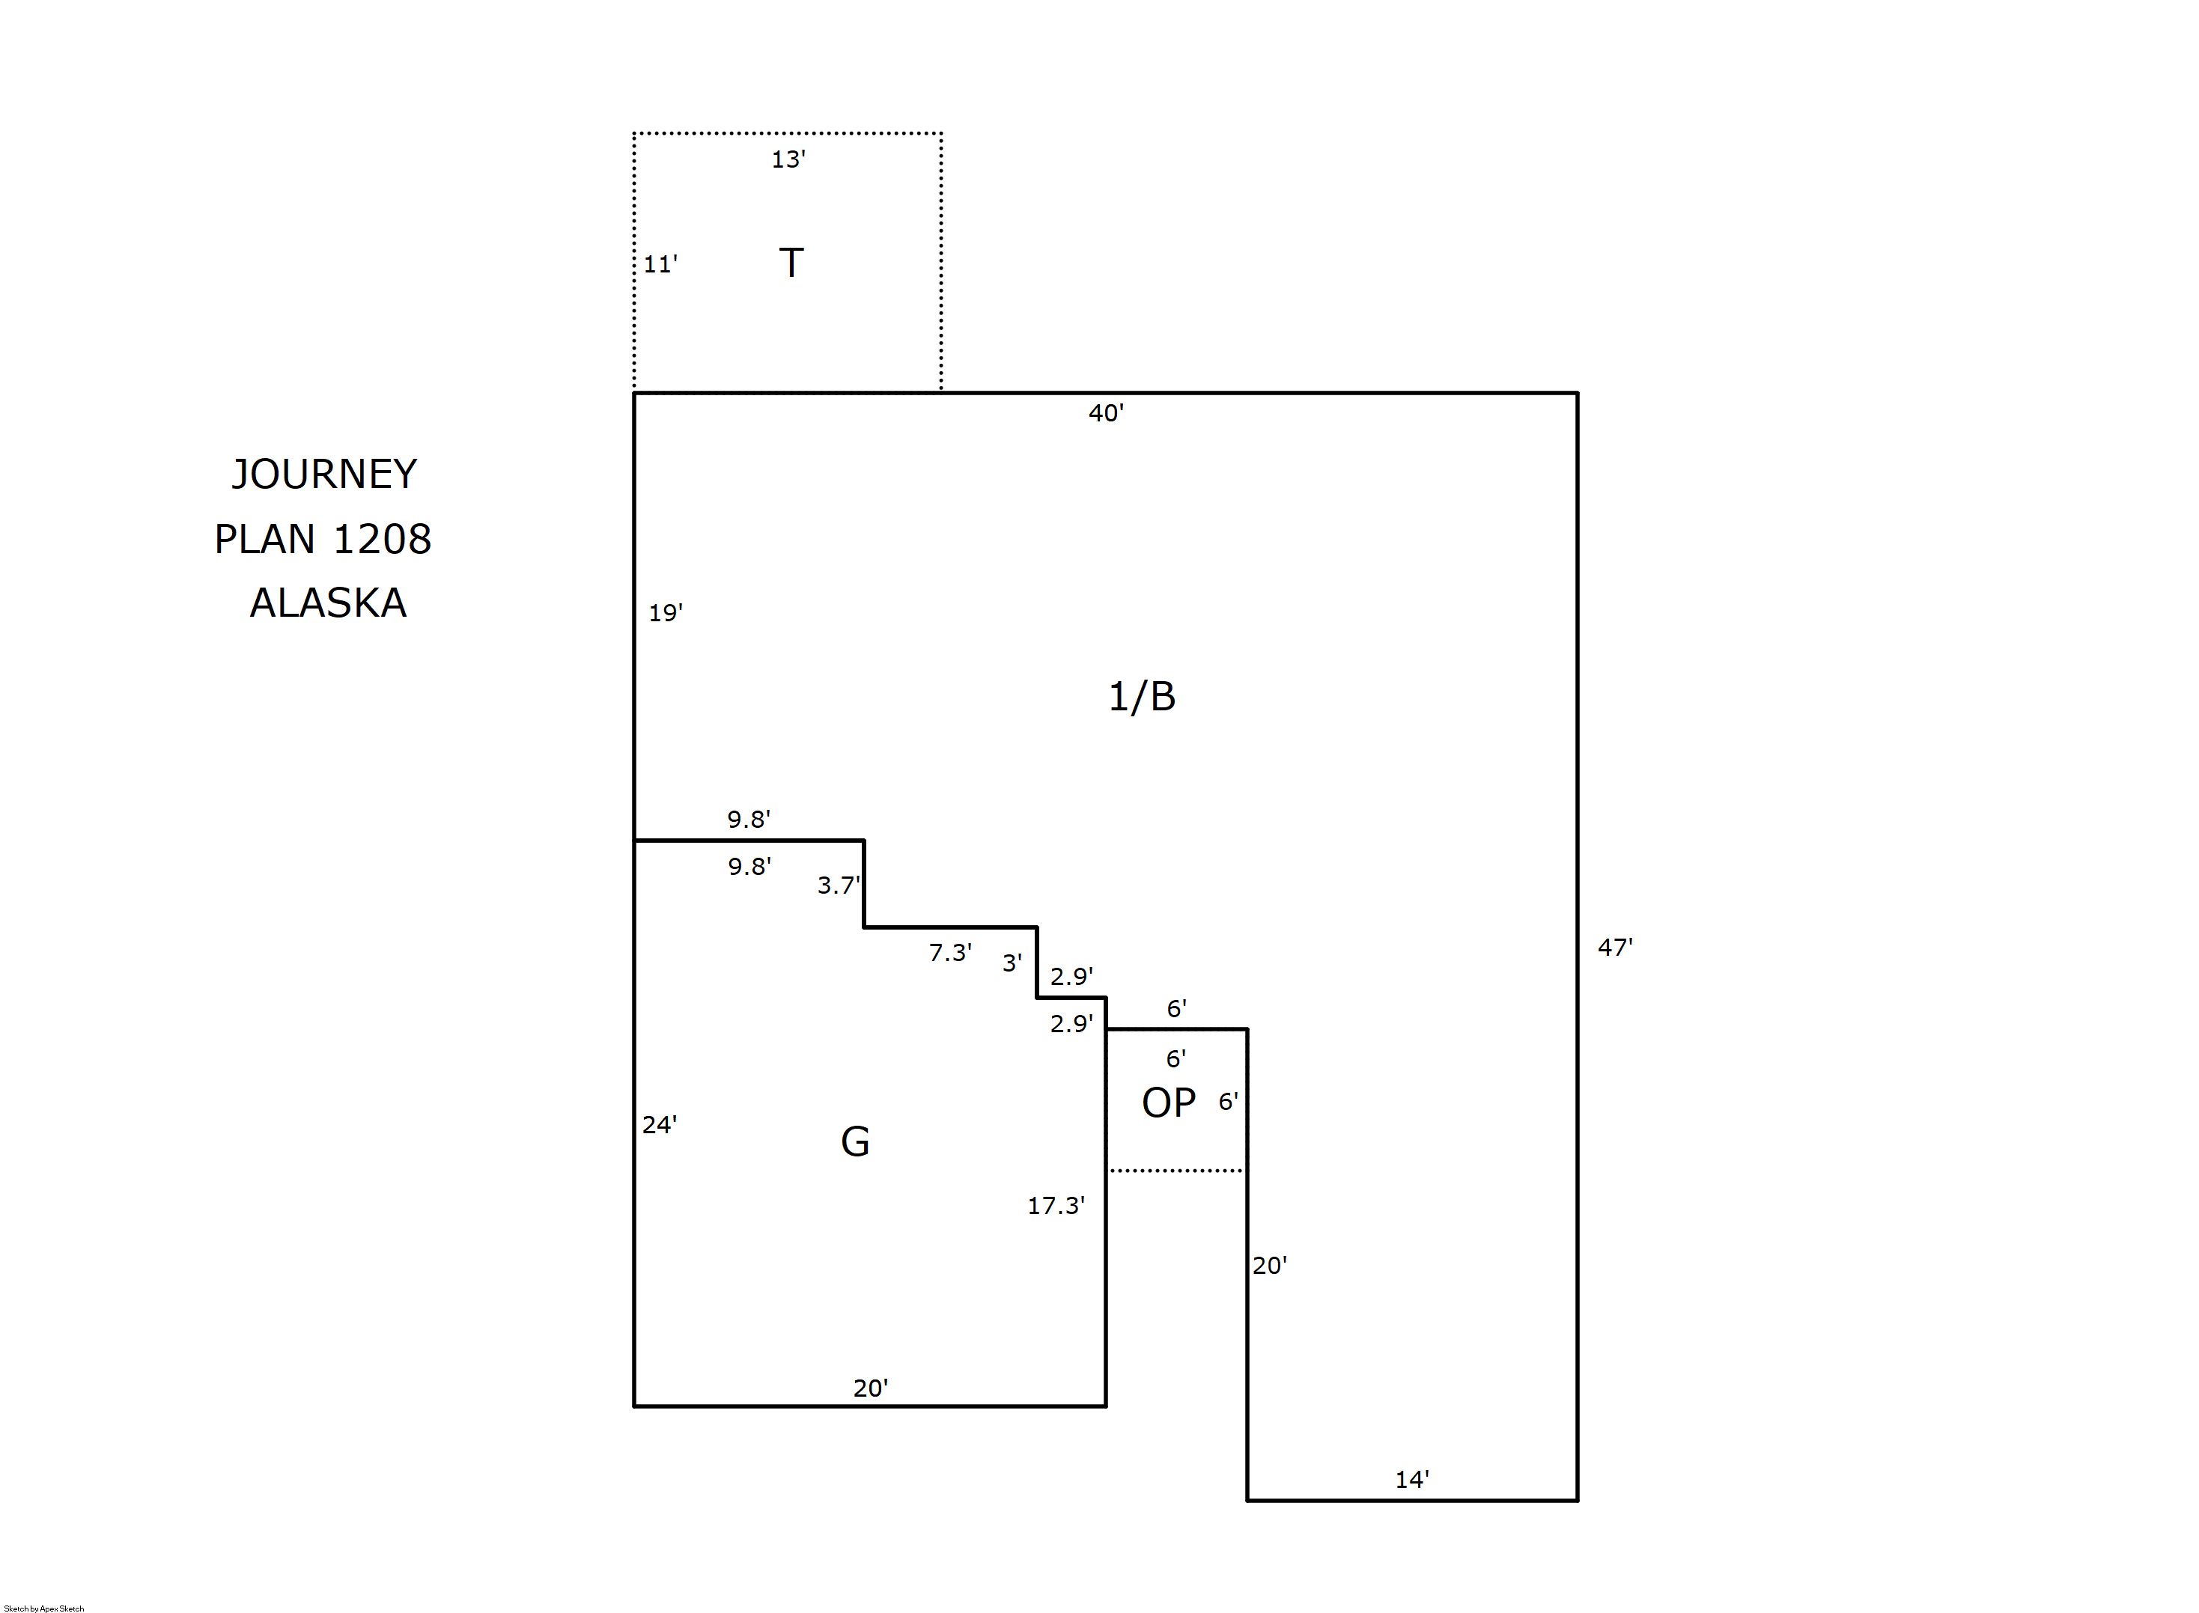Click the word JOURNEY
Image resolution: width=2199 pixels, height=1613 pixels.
[324, 475]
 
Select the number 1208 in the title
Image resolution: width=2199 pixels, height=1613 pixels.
[382, 539]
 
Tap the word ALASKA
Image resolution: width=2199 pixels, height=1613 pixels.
[328, 603]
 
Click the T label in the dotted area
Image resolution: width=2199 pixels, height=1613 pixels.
[791, 263]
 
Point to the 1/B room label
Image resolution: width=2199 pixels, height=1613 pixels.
[1142, 697]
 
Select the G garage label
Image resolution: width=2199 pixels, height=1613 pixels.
[855, 1141]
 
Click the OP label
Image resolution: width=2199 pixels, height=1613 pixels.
[1169, 1103]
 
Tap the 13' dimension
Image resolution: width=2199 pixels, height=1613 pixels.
[788, 159]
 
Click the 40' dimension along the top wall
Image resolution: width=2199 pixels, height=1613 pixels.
[1107, 414]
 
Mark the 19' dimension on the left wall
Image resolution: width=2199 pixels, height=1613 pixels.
[665, 613]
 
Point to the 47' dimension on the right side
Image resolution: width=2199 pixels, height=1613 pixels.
[1615, 947]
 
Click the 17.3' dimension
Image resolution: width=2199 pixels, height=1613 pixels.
[1056, 1206]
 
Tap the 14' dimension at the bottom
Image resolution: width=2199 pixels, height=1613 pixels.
[1412, 1481]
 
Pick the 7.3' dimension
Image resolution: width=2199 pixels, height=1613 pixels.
[950, 953]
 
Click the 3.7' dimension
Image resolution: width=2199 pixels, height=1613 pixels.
[839, 885]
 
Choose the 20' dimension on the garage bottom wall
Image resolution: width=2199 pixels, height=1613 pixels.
[870, 1388]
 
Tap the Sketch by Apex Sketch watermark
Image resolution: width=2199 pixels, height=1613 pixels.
[44, 1608]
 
